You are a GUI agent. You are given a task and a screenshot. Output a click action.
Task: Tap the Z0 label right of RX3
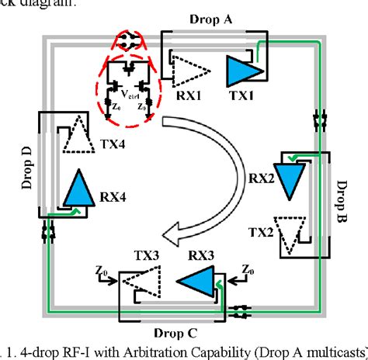point(247,268)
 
